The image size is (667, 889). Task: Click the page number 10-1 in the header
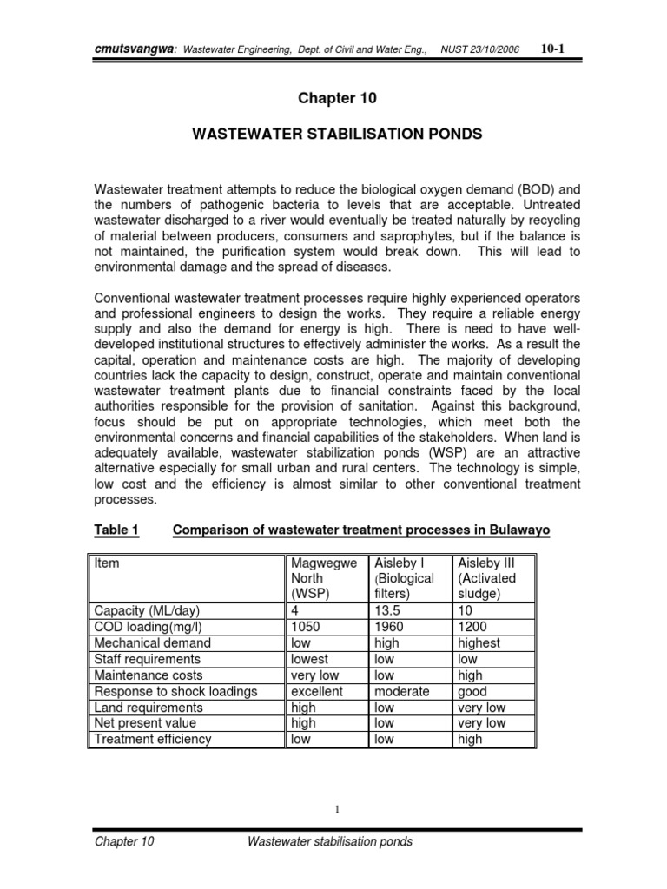[x=552, y=49]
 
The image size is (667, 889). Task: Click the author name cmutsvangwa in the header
[x=132, y=50]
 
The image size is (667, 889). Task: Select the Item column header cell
[x=108, y=563]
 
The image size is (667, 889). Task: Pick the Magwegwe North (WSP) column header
[x=324, y=578]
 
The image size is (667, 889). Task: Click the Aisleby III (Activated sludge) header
[x=486, y=578]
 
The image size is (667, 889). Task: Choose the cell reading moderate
[x=401, y=692]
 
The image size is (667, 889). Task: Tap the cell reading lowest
[x=310, y=659]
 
